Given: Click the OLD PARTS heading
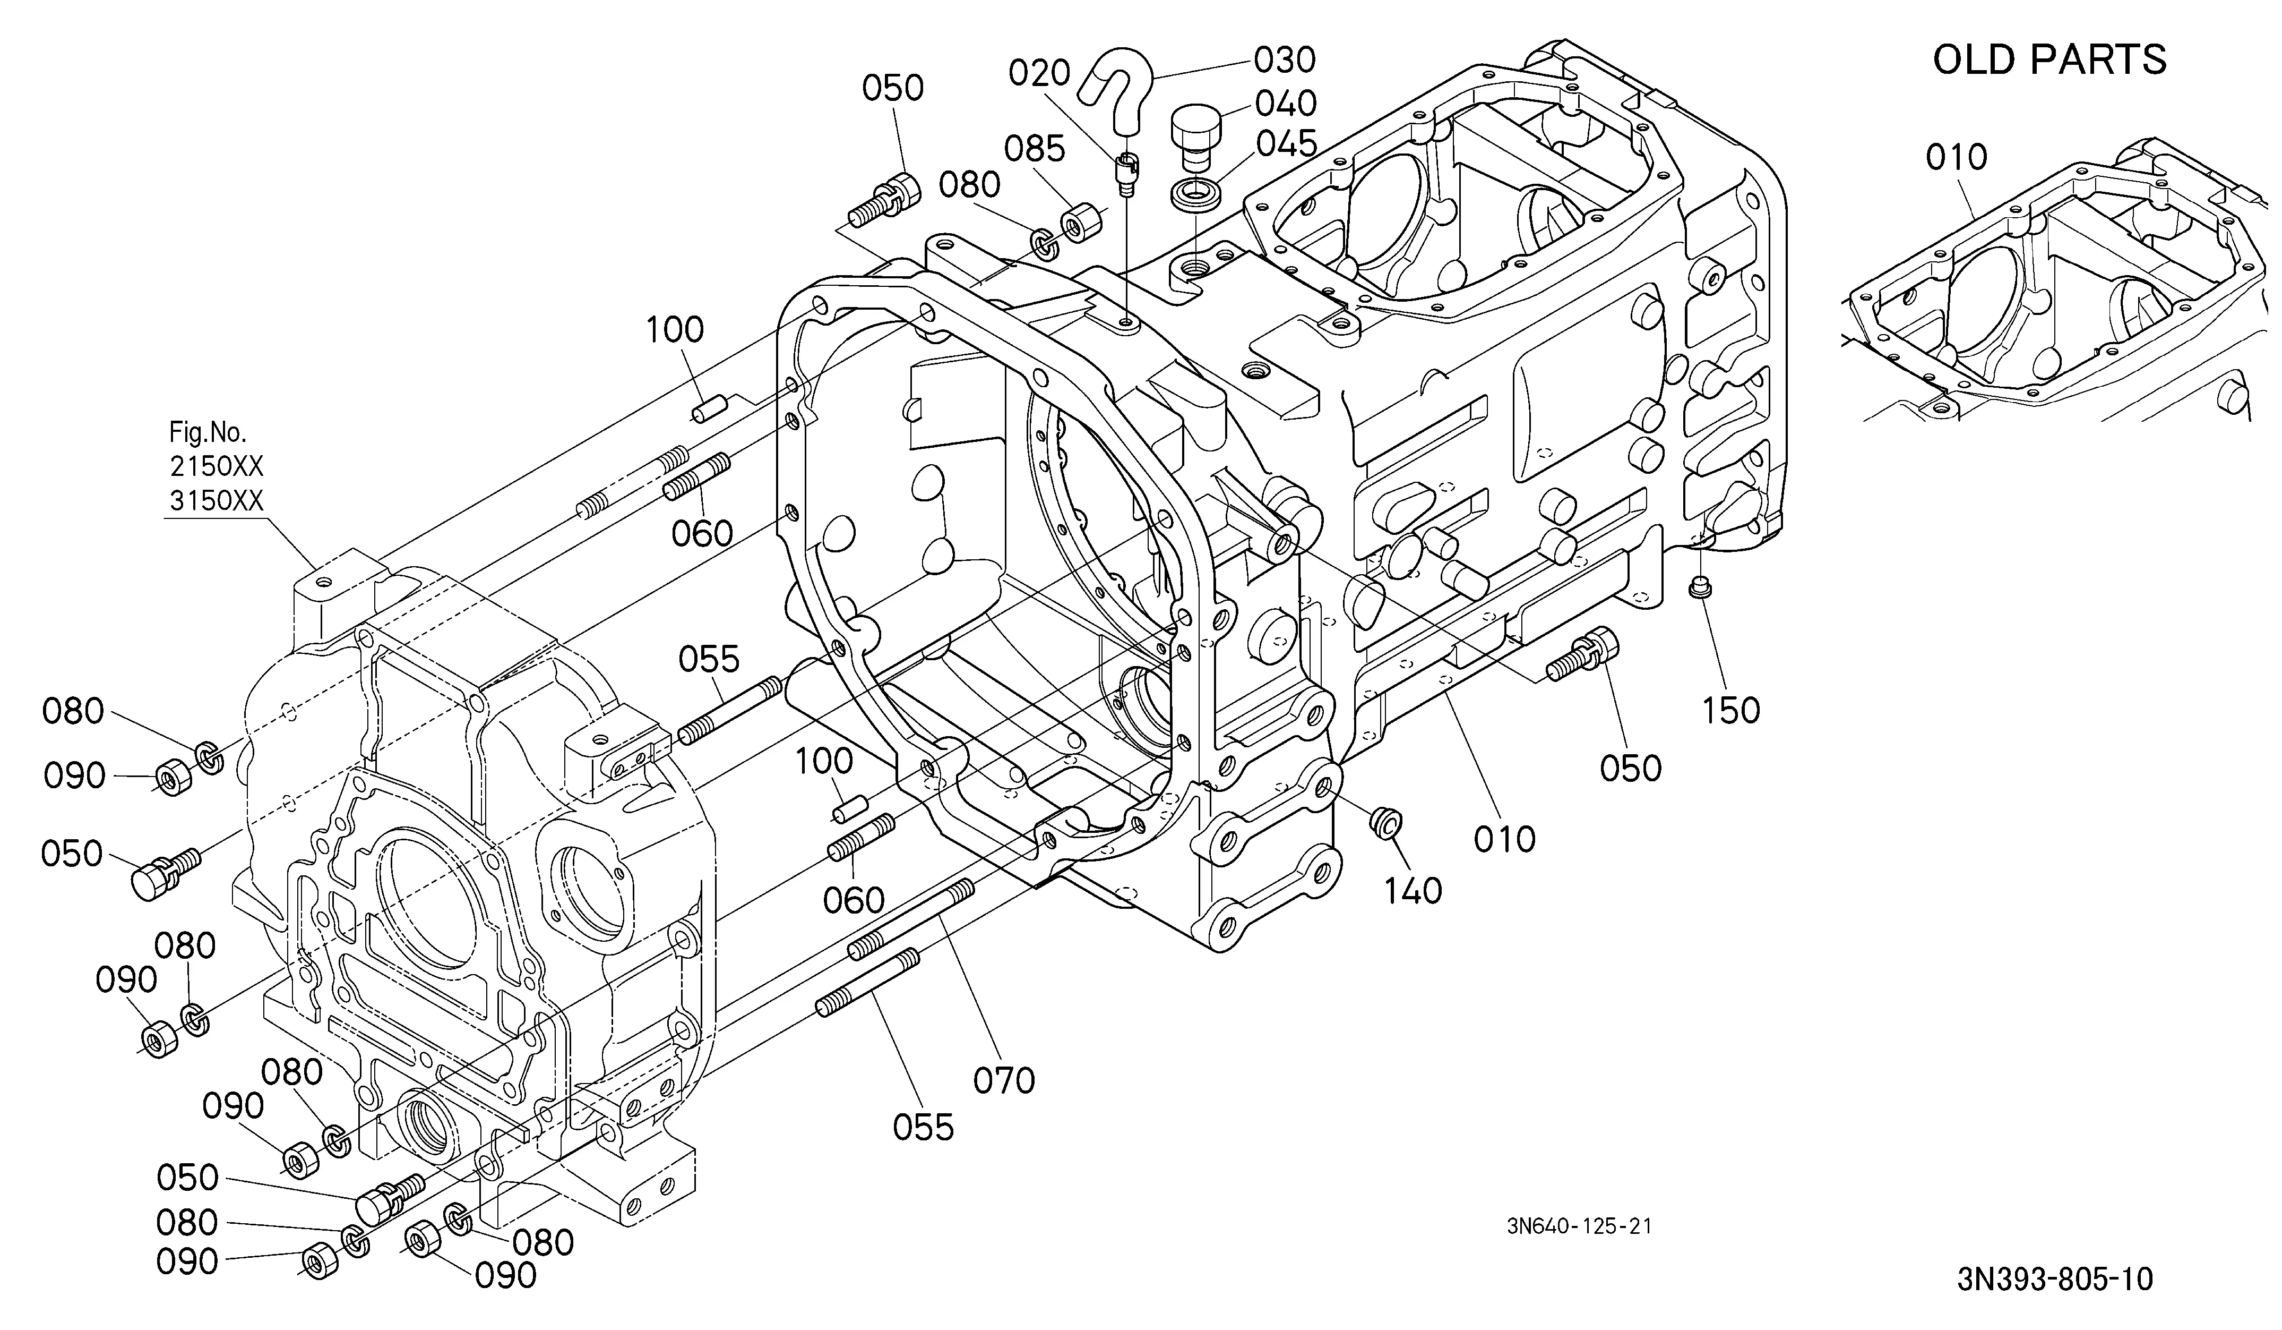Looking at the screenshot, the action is (x=2050, y=60).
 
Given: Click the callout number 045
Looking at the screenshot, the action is (x=1286, y=143).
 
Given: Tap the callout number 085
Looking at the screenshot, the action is (x=1035, y=149).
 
